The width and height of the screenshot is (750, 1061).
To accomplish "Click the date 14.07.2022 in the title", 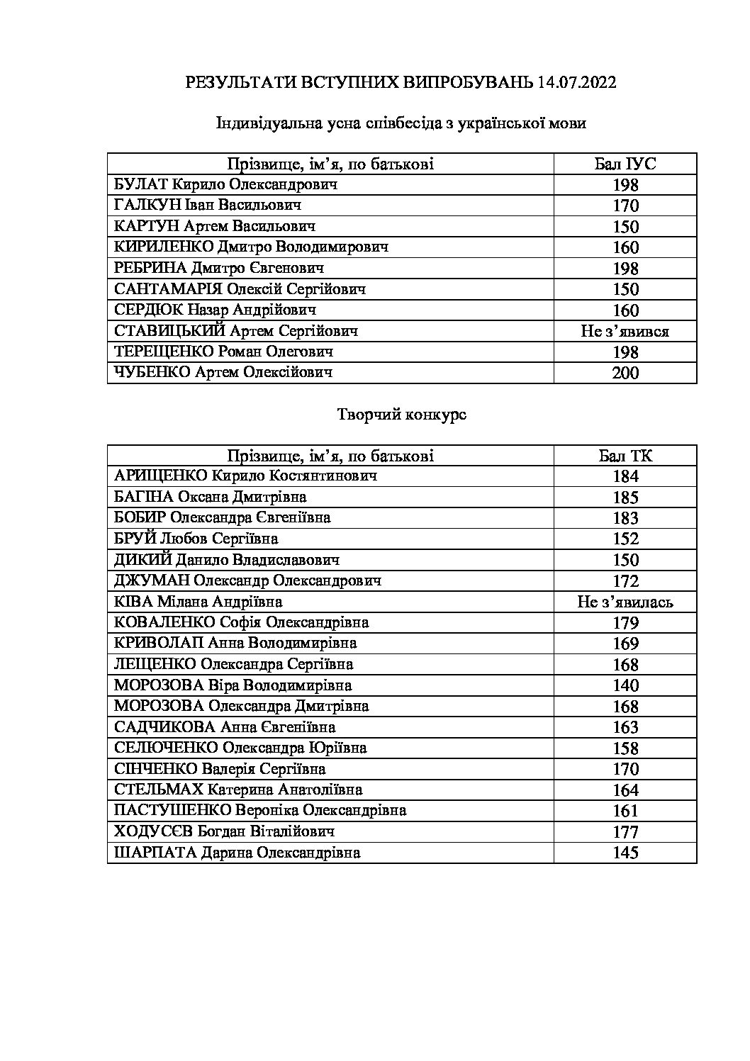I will point(577,82).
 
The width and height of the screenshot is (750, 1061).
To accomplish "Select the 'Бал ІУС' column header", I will point(625,164).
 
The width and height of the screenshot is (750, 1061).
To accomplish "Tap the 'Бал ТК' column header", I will point(625,456).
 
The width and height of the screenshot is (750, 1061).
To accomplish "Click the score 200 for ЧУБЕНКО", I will point(625,373).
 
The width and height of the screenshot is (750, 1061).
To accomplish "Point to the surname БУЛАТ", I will point(140,184).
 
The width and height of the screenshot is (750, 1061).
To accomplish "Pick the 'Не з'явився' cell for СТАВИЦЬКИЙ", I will point(625,331).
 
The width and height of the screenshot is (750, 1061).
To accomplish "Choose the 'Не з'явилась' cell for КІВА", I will point(625,602).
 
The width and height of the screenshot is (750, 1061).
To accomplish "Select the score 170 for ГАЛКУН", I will point(625,206).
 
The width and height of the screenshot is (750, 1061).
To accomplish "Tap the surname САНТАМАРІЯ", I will point(168,289).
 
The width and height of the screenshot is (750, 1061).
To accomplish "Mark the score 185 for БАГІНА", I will point(625,498).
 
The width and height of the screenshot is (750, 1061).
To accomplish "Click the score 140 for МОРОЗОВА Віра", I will point(625,685).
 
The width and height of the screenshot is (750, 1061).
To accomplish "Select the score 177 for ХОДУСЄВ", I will point(625,832).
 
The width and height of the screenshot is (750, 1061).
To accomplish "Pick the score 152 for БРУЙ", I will point(625,539).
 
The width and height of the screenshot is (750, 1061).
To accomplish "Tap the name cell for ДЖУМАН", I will point(248,581).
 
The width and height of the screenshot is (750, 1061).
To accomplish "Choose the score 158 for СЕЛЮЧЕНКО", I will point(625,748).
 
